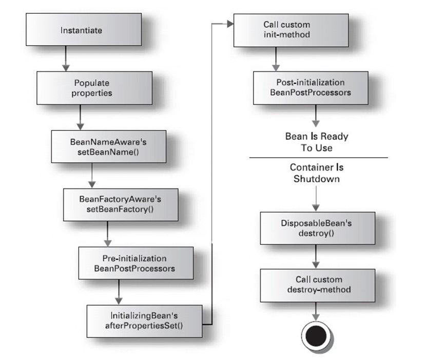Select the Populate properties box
click(x=92, y=87)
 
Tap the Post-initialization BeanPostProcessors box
click(x=310, y=87)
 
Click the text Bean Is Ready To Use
click(x=316, y=142)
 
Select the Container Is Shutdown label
click(x=316, y=173)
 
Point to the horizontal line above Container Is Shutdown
click(x=318, y=157)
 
